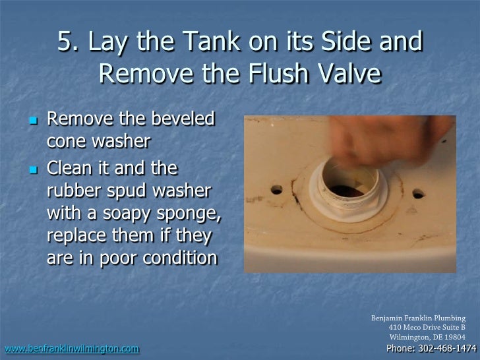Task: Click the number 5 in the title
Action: coord(65,43)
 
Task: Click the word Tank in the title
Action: coord(185,43)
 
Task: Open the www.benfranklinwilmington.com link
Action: coord(71,348)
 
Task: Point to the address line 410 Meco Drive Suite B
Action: coord(427,328)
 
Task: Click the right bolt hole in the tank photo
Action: coord(417,195)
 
